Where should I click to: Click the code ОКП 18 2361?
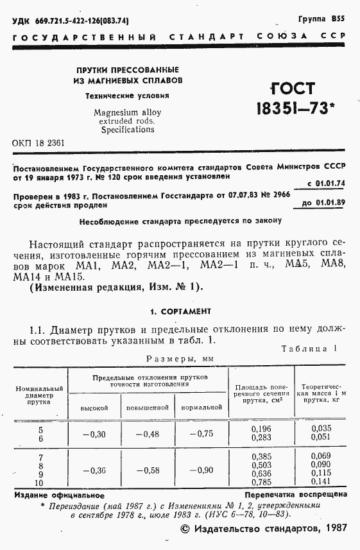coord(39,142)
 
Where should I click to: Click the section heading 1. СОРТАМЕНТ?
coord(180,311)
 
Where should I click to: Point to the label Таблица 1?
coord(309,348)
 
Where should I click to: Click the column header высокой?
coord(94,408)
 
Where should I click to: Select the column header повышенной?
coord(148,408)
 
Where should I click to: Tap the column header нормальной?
coord(201,408)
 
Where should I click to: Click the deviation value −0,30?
coord(94,434)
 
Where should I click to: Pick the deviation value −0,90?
coord(200,470)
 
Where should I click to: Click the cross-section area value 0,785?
coord(261,483)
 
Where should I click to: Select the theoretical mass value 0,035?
coord(321,428)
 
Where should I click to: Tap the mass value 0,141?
coord(321,483)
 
